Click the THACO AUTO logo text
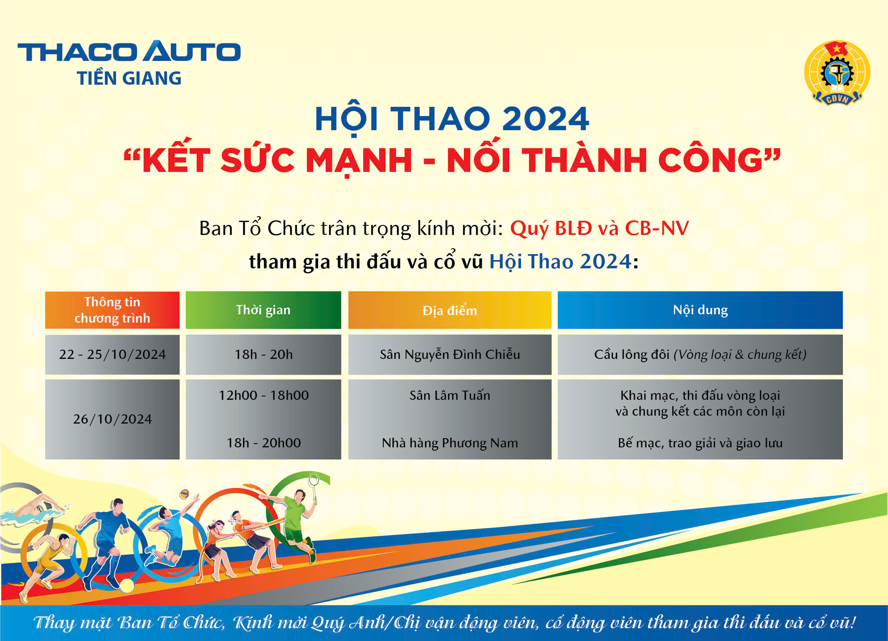point(129,51)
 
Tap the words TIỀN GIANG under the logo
point(129,78)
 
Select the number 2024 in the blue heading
point(546,119)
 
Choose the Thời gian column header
point(263,310)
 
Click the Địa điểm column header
point(450,310)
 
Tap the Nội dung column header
point(700,310)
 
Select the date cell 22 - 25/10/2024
point(112,354)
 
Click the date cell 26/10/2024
point(112,419)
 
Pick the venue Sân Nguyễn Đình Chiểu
point(450,354)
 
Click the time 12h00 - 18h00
point(263,395)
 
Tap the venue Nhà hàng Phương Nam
point(450,443)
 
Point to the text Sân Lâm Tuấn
point(450,395)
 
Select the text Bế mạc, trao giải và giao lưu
point(700,443)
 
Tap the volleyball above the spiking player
point(184,494)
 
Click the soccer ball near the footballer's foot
point(126,585)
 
